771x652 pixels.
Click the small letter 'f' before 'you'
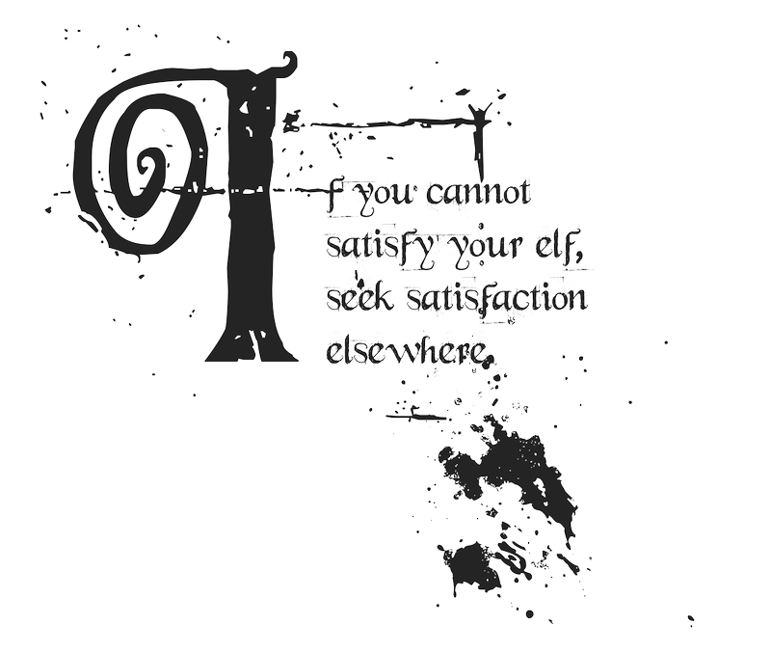(x=333, y=197)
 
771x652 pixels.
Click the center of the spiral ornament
(x=147, y=166)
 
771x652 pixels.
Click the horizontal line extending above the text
(x=385, y=123)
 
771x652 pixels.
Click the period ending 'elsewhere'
(x=488, y=360)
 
